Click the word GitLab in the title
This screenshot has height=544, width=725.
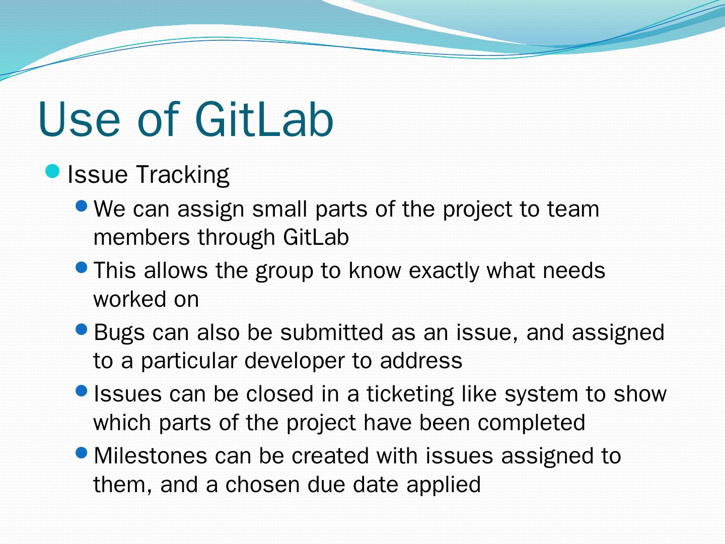coord(264,119)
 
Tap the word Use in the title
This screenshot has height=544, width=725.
coord(79,119)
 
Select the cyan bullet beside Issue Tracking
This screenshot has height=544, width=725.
coord(52,171)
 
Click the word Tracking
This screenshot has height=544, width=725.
coord(182,175)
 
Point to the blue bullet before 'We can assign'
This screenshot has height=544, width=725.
coord(82,207)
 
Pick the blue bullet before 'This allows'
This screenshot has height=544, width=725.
coord(82,267)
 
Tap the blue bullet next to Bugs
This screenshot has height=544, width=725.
coord(82,329)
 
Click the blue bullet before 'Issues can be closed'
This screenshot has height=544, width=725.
coord(82,391)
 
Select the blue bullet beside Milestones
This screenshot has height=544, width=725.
coord(82,452)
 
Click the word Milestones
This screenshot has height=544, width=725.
coord(150,456)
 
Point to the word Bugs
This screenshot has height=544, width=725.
coord(119,333)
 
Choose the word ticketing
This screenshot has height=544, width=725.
coord(410,395)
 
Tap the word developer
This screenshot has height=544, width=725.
coord(295,361)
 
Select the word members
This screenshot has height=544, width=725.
coord(141,237)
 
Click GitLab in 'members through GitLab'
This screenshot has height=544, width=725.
coord(316,237)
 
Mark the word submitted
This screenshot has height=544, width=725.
coord(332,332)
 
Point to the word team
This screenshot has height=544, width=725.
coord(573,210)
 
